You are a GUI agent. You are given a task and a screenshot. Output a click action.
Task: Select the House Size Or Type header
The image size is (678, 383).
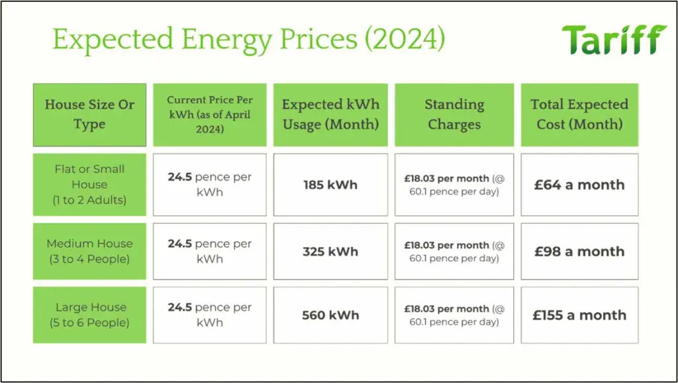[89, 115]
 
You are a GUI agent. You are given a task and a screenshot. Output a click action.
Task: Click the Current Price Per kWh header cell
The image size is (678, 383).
[210, 115]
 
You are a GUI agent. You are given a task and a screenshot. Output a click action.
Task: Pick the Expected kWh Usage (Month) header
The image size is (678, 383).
[330, 115]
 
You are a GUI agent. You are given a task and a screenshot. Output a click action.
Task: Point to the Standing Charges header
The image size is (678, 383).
[454, 115]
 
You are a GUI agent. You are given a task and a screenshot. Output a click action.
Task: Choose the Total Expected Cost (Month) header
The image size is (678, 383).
[579, 115]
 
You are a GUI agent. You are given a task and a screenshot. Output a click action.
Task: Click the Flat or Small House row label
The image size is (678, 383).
[89, 185]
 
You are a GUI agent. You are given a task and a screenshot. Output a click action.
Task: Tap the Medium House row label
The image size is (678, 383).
[89, 251]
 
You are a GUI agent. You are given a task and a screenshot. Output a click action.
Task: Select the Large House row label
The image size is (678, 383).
[89, 315]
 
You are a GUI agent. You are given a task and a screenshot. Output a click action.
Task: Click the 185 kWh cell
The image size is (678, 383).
[330, 185]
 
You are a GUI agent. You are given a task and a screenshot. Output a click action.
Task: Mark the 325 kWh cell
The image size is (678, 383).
[330, 251]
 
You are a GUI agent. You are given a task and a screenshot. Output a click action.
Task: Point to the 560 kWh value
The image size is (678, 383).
[330, 315]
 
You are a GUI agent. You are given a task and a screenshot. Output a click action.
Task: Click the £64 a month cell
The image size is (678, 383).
[579, 185]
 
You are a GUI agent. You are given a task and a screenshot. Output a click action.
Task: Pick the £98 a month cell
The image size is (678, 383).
[579, 251]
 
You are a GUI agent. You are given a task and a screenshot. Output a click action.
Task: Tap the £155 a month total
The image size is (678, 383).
[579, 315]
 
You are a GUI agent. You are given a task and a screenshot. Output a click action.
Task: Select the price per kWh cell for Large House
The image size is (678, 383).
[210, 315]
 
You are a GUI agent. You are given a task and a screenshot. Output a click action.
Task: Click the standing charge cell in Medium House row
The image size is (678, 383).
[454, 251]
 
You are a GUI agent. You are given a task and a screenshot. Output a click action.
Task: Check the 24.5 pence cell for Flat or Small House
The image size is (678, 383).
[210, 185]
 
